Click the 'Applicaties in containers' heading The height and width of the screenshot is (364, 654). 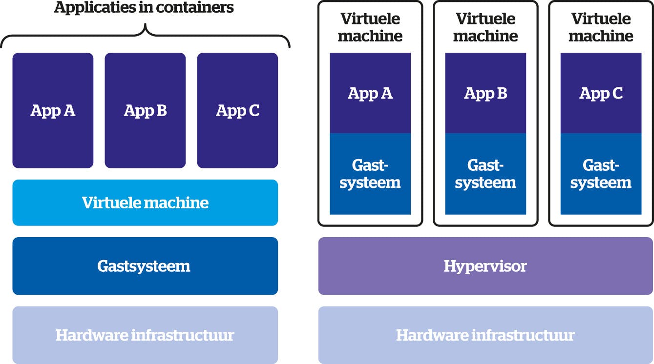[144, 8]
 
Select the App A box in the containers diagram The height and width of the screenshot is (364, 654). [53, 110]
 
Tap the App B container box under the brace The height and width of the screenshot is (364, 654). [145, 110]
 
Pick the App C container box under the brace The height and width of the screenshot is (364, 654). [237, 110]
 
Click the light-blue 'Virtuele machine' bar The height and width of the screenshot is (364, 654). [145, 202]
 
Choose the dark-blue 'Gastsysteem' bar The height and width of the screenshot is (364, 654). [145, 266]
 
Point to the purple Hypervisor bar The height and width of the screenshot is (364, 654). [485, 266]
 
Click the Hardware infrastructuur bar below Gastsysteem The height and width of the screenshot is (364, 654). [145, 335]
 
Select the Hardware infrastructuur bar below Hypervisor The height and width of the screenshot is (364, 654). [485, 335]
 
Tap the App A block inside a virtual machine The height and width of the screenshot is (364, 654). [370, 93]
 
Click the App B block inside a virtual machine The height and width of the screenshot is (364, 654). [485, 93]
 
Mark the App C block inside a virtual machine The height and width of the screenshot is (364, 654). [601, 93]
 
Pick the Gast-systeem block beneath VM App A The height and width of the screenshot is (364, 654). [370, 174]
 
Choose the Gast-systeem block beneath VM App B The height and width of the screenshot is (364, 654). [485, 174]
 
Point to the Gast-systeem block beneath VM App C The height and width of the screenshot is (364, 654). [601, 174]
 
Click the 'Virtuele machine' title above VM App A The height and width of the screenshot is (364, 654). [370, 27]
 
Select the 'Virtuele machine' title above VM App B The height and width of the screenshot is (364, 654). [485, 27]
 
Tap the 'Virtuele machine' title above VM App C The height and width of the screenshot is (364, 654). [601, 27]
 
